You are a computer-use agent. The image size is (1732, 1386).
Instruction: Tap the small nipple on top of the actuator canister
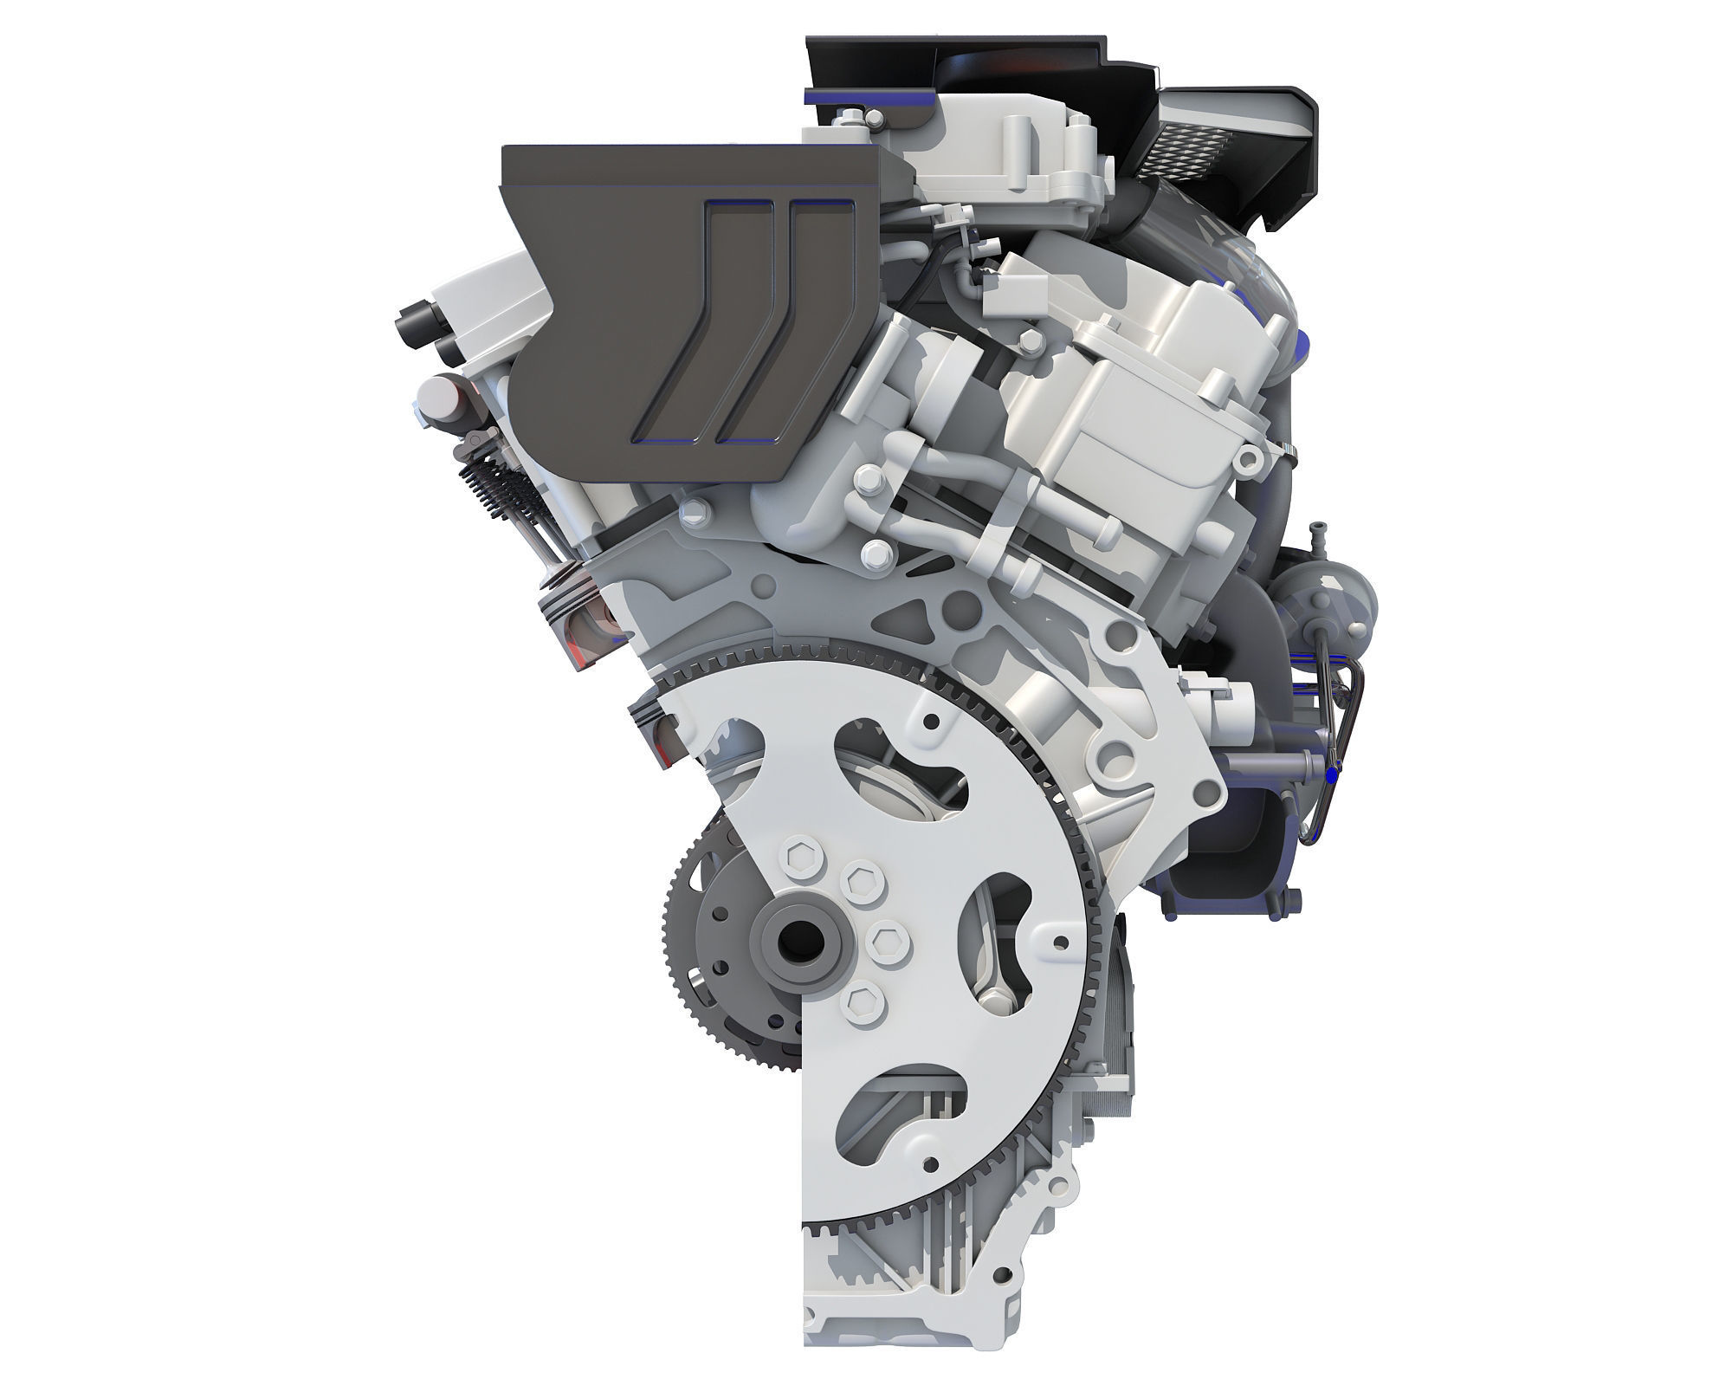pyautogui.click(x=1317, y=530)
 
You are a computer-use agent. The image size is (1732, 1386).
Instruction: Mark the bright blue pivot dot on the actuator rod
pyautogui.click(x=1332, y=767)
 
